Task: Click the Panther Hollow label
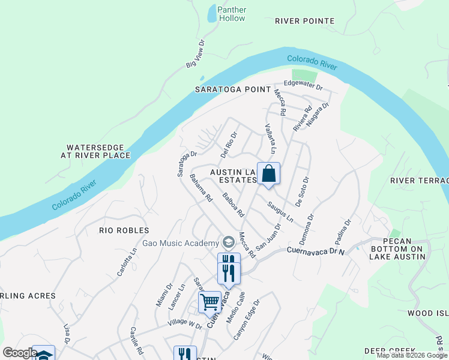click(x=232, y=14)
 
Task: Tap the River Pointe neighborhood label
click(x=304, y=21)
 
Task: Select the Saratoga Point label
click(x=229, y=89)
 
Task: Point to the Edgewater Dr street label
click(x=303, y=85)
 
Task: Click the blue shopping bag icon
click(x=268, y=173)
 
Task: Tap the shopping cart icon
click(x=209, y=301)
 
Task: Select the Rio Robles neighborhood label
click(x=124, y=230)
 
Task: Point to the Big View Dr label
click(x=196, y=54)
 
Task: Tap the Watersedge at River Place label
click(x=98, y=151)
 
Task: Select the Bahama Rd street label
click(x=201, y=188)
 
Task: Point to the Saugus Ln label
click(x=280, y=210)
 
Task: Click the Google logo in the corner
click(x=20, y=353)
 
